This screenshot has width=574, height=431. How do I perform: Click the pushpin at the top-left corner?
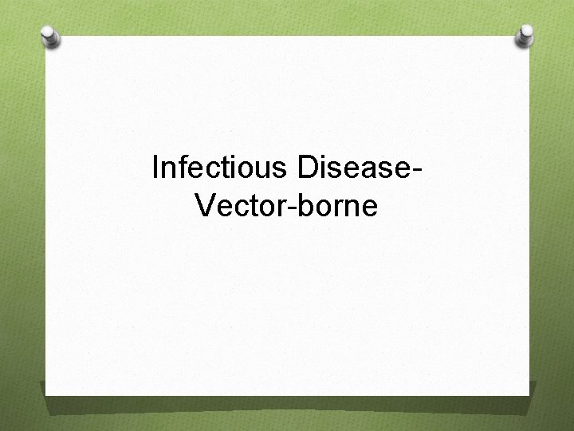tap(50, 37)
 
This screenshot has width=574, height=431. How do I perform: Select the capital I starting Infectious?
tap(155, 168)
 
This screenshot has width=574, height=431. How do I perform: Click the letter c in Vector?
tap(238, 208)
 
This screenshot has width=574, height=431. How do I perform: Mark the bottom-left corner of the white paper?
tap(45, 394)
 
